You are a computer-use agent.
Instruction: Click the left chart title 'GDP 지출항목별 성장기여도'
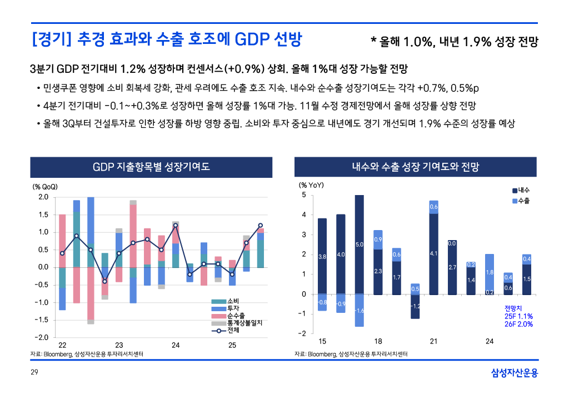151,167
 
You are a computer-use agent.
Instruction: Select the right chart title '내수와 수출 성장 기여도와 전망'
415,167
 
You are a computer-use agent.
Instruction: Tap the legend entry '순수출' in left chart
236,316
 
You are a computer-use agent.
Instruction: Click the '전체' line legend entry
233,330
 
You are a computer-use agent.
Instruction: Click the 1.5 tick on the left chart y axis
43,215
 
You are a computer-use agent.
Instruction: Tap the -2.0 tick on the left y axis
42,338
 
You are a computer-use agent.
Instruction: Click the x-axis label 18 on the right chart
378,341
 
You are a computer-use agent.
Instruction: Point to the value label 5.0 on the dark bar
360,245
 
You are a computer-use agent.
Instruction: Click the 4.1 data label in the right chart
433,254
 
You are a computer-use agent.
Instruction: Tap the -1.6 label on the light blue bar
360,311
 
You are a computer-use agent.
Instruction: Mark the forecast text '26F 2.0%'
518,325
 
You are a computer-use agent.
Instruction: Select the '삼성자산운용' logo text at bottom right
515,373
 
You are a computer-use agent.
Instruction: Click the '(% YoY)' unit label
311,185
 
